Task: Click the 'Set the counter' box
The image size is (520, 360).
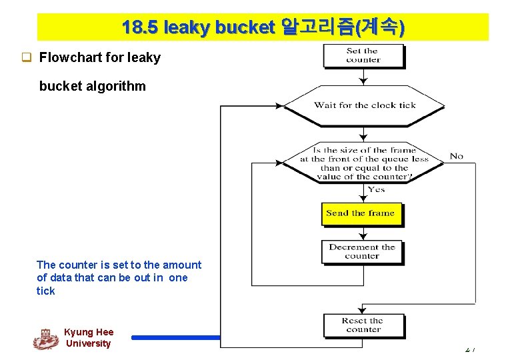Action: (x=363, y=55)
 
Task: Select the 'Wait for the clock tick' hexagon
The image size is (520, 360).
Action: (x=364, y=105)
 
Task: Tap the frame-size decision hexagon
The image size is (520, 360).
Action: (x=364, y=163)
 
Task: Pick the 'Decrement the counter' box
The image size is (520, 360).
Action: (x=362, y=251)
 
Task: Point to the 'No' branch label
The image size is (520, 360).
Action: (x=456, y=156)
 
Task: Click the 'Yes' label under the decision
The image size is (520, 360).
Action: (x=376, y=189)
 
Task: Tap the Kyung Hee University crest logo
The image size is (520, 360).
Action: (x=45, y=339)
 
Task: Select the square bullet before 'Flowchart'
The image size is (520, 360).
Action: (x=27, y=57)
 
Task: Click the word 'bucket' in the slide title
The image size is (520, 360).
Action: (x=243, y=27)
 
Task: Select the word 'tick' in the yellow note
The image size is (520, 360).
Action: (x=45, y=291)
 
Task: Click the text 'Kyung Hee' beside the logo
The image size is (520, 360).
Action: (x=89, y=332)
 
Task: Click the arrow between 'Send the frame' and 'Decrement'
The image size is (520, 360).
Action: (x=363, y=233)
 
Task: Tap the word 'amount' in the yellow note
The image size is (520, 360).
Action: (x=181, y=265)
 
